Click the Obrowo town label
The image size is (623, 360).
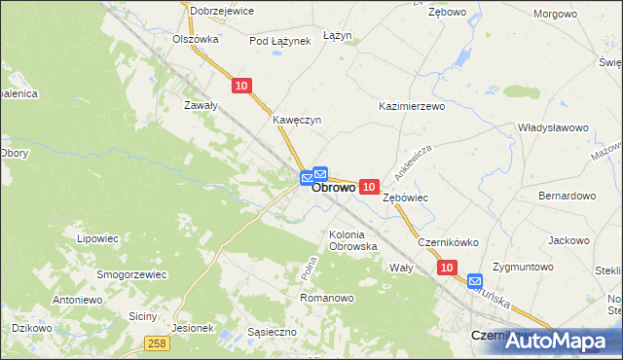pos(333,189)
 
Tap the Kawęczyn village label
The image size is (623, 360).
pos(297,121)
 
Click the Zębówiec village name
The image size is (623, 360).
pos(406,198)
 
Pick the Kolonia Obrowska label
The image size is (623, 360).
pos(353,240)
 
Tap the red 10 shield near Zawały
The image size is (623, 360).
pos(242,87)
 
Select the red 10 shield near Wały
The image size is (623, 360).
pos(446,266)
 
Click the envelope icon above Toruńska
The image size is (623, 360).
pos(475,281)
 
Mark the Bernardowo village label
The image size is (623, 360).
pos(567,196)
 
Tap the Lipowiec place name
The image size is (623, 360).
pos(97,237)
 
